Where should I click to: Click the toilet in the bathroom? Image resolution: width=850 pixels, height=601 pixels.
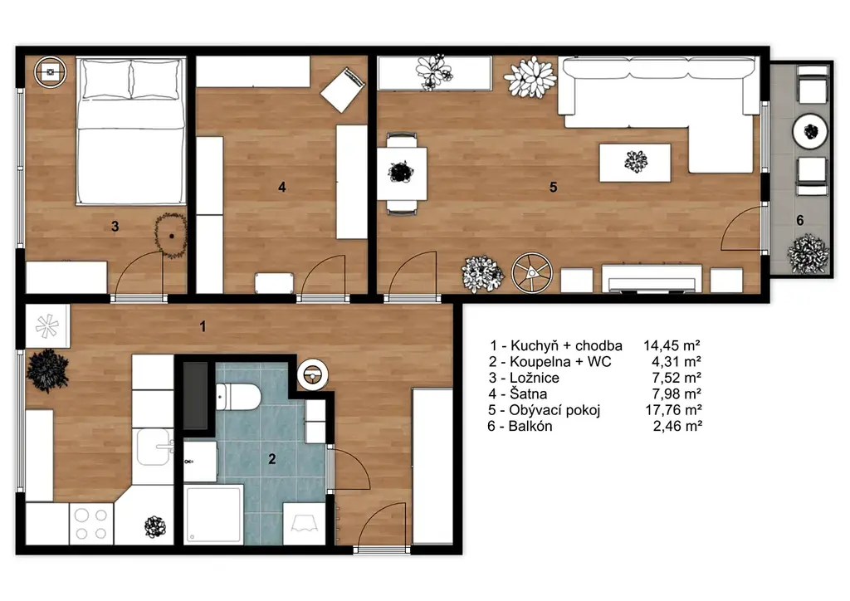click(x=238, y=397)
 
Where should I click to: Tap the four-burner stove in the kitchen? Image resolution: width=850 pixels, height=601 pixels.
click(x=91, y=524)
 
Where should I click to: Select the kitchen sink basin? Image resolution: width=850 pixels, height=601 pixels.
click(x=153, y=447)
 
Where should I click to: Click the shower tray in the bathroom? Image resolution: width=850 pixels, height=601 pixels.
click(x=213, y=514)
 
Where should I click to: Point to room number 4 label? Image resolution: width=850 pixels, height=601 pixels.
click(x=282, y=187)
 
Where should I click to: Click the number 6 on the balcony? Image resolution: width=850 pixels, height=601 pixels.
click(x=800, y=220)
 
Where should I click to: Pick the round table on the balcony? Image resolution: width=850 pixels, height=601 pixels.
click(x=810, y=131)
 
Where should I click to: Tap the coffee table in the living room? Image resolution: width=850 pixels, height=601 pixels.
click(x=635, y=162)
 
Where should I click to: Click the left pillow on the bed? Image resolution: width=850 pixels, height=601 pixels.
click(x=105, y=80)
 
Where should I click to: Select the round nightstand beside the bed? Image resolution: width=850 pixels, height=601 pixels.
click(x=51, y=72)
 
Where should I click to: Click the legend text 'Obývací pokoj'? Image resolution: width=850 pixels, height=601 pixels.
click(x=554, y=410)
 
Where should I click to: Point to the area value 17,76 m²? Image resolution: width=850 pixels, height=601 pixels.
click(x=673, y=410)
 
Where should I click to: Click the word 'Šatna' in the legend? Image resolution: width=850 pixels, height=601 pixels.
click(x=528, y=394)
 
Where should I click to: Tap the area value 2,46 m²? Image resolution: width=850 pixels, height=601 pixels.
click(x=677, y=427)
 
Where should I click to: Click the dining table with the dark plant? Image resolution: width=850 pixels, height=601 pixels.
click(x=402, y=173)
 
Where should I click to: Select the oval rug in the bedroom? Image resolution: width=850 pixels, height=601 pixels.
click(x=171, y=236)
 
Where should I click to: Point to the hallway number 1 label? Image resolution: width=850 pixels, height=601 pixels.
click(x=203, y=326)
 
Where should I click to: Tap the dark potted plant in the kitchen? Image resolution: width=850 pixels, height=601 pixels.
click(x=47, y=370)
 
